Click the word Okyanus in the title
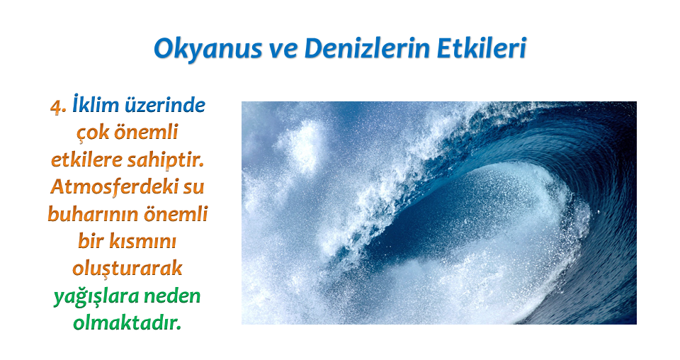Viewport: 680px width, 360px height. pyautogui.click(x=208, y=49)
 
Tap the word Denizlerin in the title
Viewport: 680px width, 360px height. pyautogui.click(x=368, y=47)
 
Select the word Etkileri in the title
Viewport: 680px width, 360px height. pyautogui.click(x=482, y=47)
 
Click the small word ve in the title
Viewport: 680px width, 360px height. pyautogui.click(x=283, y=50)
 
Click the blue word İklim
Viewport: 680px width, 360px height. pyautogui.click(x=96, y=105)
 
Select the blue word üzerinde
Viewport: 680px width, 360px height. pyautogui.click(x=165, y=106)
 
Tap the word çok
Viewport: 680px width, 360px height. pyautogui.click(x=92, y=133)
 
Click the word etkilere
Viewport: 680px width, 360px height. pyautogui.click(x=85, y=159)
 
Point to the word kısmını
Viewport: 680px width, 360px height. pyautogui.click(x=142, y=241)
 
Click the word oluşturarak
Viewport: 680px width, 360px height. pyautogui.click(x=127, y=269)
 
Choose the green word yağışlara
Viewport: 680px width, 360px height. pyautogui.click(x=96, y=297)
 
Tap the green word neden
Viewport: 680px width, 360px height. pyautogui.click(x=172, y=296)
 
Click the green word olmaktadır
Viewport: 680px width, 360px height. pyautogui.click(x=127, y=323)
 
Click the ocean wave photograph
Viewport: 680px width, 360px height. pyautogui.click(x=439, y=213)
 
